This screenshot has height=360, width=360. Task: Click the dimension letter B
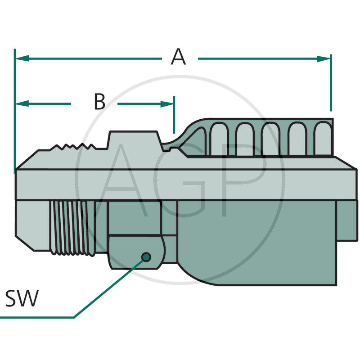click(x=99, y=102)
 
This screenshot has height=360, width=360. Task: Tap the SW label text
click(x=22, y=299)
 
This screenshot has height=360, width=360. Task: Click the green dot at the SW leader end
click(x=146, y=257)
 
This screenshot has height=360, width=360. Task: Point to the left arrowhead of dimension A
click(x=22, y=58)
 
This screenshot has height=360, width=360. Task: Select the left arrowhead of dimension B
click(x=22, y=103)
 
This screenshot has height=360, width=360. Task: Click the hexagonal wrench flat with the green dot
click(x=135, y=252)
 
